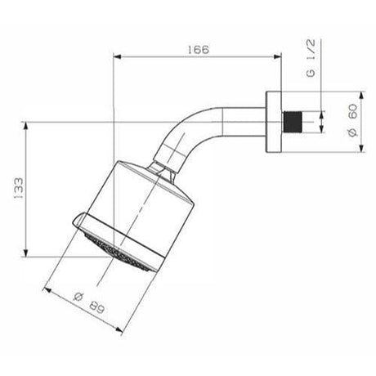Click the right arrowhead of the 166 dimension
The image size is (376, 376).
(x=278, y=57)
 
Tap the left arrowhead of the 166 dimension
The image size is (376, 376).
(x=115, y=57)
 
